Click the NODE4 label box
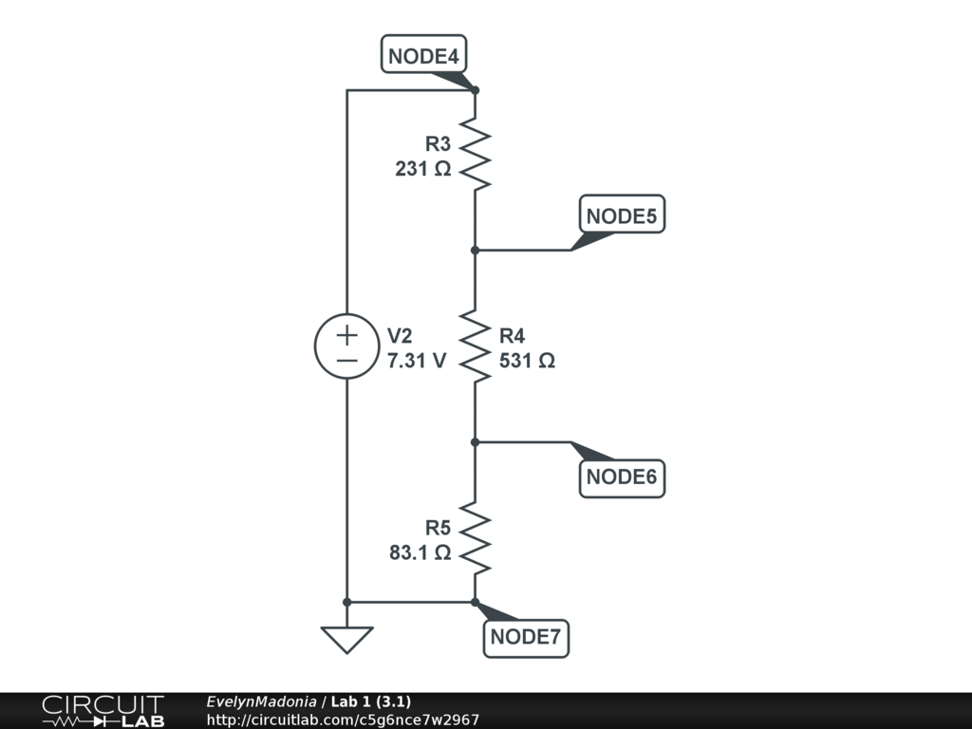423,55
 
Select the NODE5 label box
622,215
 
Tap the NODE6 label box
622,477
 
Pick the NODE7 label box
526,638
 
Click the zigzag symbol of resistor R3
475,155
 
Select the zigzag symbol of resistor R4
475,346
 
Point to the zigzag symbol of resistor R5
475,539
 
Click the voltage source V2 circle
346,346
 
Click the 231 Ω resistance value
423,170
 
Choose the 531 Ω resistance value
527,362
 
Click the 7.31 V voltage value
417,362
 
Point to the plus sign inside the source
346,334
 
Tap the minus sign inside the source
346,361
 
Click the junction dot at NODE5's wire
475,250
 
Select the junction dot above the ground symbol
346,602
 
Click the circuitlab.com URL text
343,720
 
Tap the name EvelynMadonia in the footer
261,702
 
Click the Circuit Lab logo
103,711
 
